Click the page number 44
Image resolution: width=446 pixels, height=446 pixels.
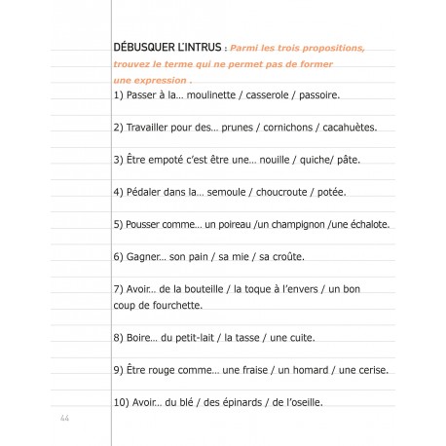[65, 418]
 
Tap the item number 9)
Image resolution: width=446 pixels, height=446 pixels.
[120, 369]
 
